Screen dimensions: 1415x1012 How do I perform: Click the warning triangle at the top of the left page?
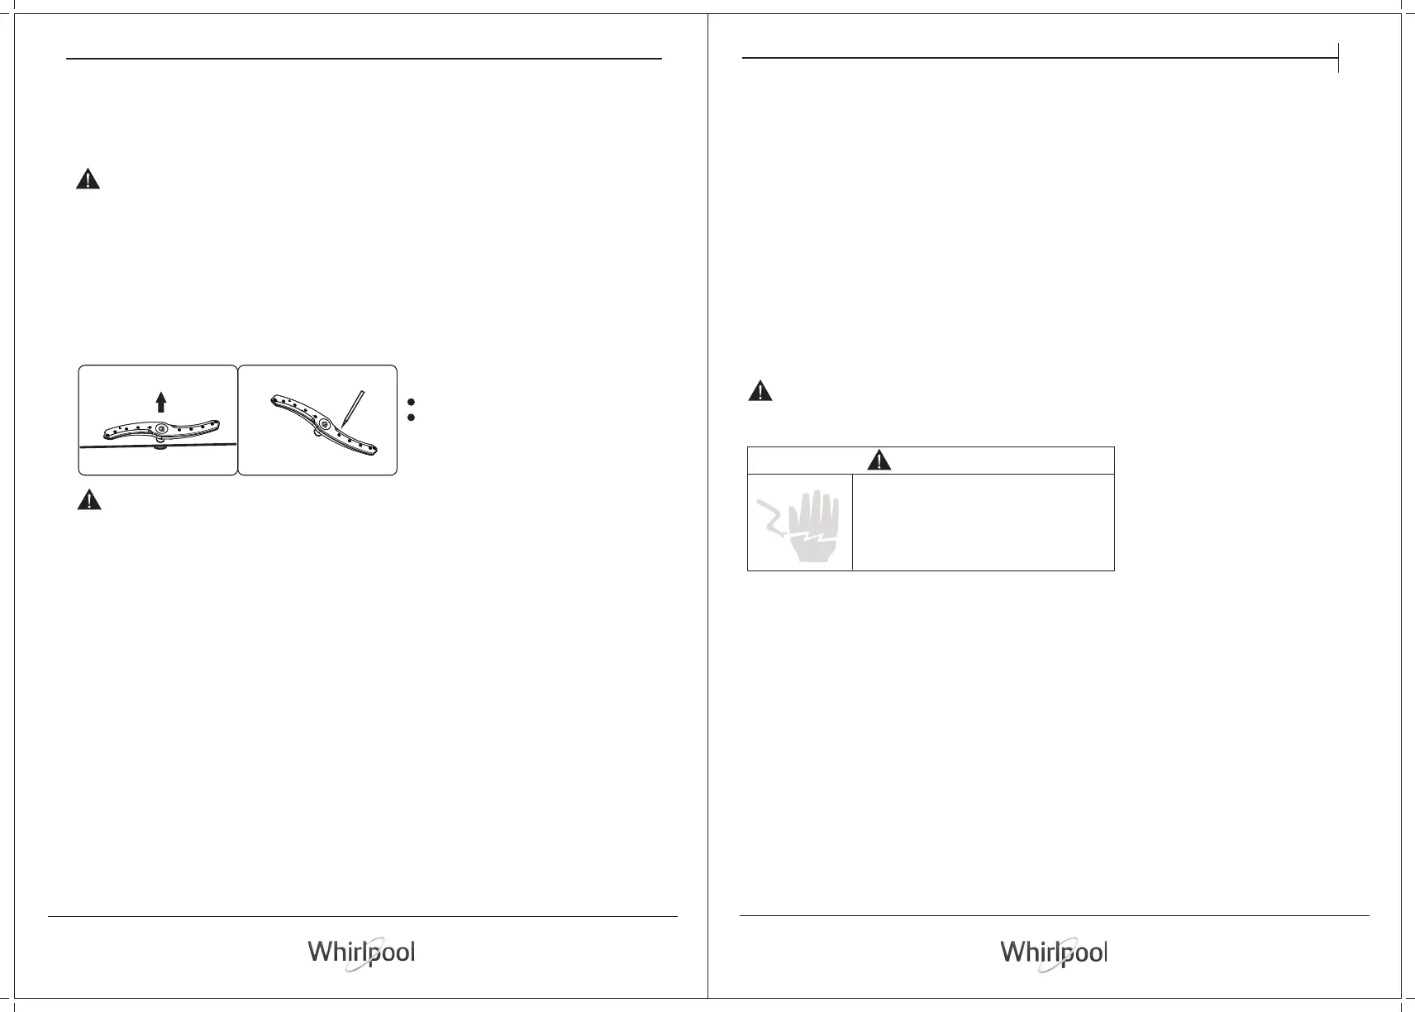(x=88, y=179)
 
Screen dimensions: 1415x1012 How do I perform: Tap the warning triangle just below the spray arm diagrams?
(x=89, y=499)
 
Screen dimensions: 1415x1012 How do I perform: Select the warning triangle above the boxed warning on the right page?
(x=760, y=391)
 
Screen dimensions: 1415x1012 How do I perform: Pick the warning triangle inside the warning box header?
(x=879, y=461)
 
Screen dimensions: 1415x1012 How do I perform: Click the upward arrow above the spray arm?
(x=161, y=402)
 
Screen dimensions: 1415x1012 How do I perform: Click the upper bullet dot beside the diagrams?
(x=412, y=402)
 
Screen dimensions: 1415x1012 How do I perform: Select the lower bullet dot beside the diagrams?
(x=412, y=418)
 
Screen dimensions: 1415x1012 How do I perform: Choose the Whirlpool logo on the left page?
(x=362, y=952)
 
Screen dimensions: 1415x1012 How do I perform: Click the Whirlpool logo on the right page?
(x=1054, y=952)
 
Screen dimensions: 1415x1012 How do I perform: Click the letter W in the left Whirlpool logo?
(x=321, y=952)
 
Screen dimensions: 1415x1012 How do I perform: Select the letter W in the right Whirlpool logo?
(x=1013, y=952)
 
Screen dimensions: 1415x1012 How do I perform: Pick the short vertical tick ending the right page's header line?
(x=1338, y=58)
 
